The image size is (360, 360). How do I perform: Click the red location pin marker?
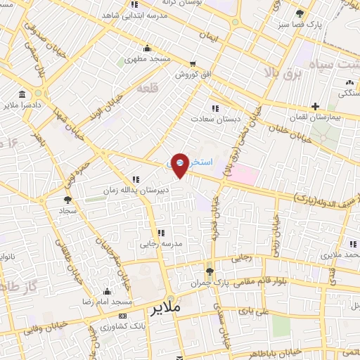180,165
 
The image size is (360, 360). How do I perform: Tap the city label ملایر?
166,308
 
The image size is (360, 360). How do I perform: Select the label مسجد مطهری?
148,59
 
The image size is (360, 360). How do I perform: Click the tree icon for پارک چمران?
210,272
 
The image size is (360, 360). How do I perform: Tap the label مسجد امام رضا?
107,302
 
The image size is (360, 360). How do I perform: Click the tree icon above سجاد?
67,200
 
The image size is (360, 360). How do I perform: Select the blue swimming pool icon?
180,162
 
